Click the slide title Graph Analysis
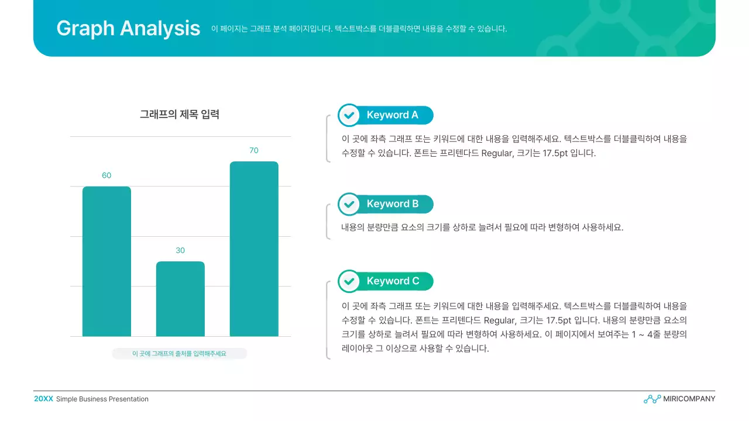[128, 28]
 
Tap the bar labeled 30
[180, 299]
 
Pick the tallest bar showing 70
[254, 249]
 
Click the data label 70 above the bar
[254, 150]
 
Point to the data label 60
[106, 175]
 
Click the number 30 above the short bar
[180, 250]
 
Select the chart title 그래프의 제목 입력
[180, 115]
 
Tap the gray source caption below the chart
[179, 354]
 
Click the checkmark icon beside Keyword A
[349, 115]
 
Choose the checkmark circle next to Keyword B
[349, 204]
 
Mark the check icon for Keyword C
[349, 281]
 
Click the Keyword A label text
[393, 115]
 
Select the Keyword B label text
[393, 204]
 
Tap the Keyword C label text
[393, 281]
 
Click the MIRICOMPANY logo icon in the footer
[652, 399]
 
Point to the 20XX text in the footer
[43, 399]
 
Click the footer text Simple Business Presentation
[102, 399]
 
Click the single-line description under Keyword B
[482, 227]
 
